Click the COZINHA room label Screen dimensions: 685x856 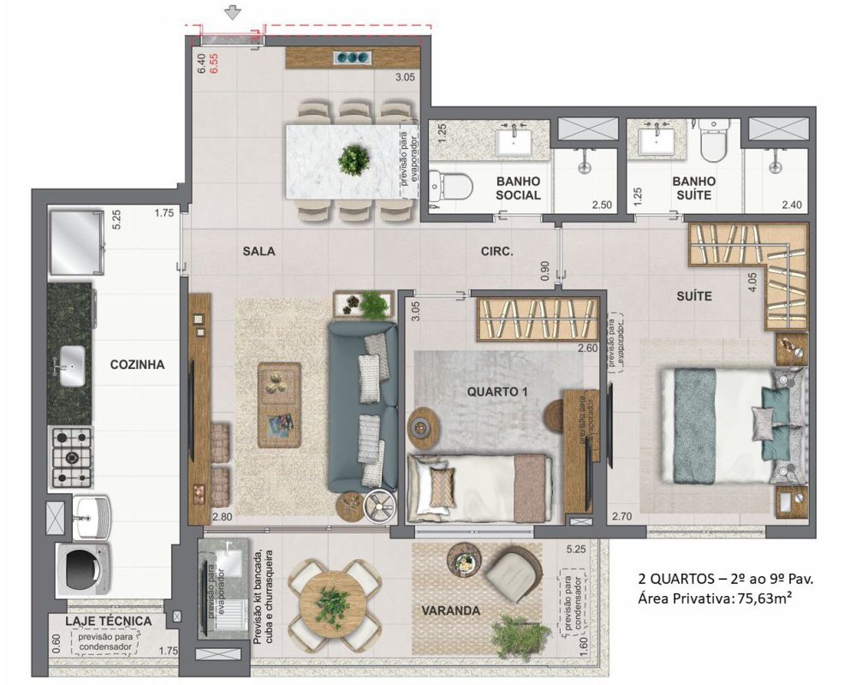[x=137, y=364]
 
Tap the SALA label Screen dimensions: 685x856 [x=258, y=252]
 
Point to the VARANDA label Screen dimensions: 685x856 [x=449, y=611]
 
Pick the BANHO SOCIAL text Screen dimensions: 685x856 [x=518, y=188]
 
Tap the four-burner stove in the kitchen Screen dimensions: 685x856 [x=73, y=456]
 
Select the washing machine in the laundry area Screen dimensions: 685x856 [x=79, y=568]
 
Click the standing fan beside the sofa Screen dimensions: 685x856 [x=377, y=505]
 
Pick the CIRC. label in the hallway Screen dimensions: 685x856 [x=496, y=253]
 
